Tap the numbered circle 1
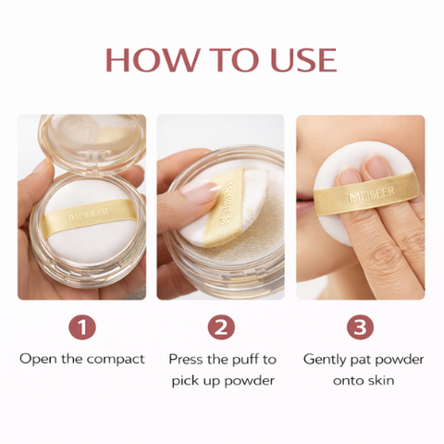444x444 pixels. click(x=82, y=327)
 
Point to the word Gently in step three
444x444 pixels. click(x=327, y=359)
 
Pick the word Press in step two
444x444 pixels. click(x=185, y=359)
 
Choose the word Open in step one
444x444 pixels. click(x=37, y=359)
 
